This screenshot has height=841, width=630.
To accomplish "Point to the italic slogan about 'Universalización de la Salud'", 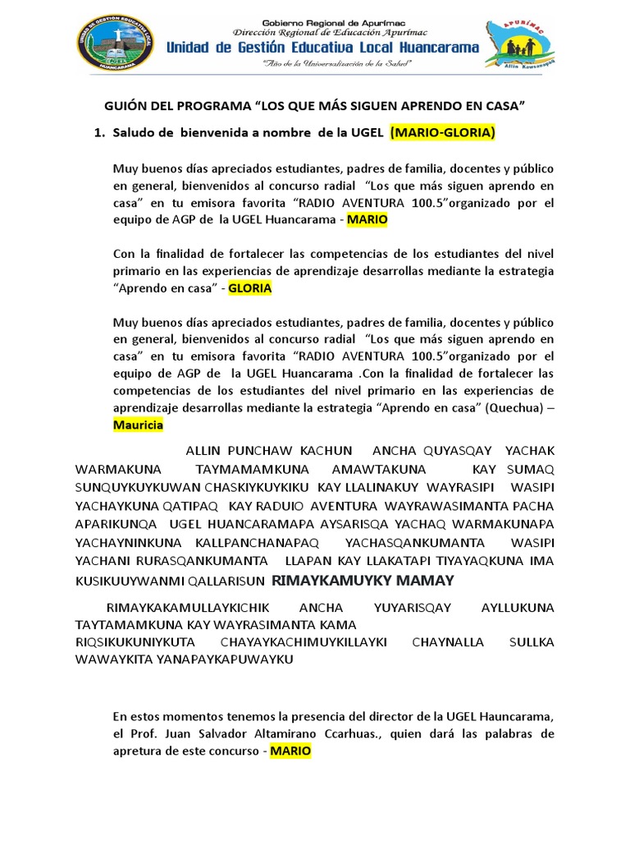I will [322, 63].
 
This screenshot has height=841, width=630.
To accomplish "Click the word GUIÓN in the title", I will [125, 107].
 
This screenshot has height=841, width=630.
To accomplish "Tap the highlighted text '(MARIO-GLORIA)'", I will [442, 132].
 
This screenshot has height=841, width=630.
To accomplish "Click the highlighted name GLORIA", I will [249, 288].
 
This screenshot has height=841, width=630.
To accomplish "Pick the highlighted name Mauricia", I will [138, 425].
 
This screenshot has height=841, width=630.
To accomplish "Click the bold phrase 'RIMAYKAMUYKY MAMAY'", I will [362, 581].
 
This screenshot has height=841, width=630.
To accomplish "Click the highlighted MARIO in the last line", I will [290, 751].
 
